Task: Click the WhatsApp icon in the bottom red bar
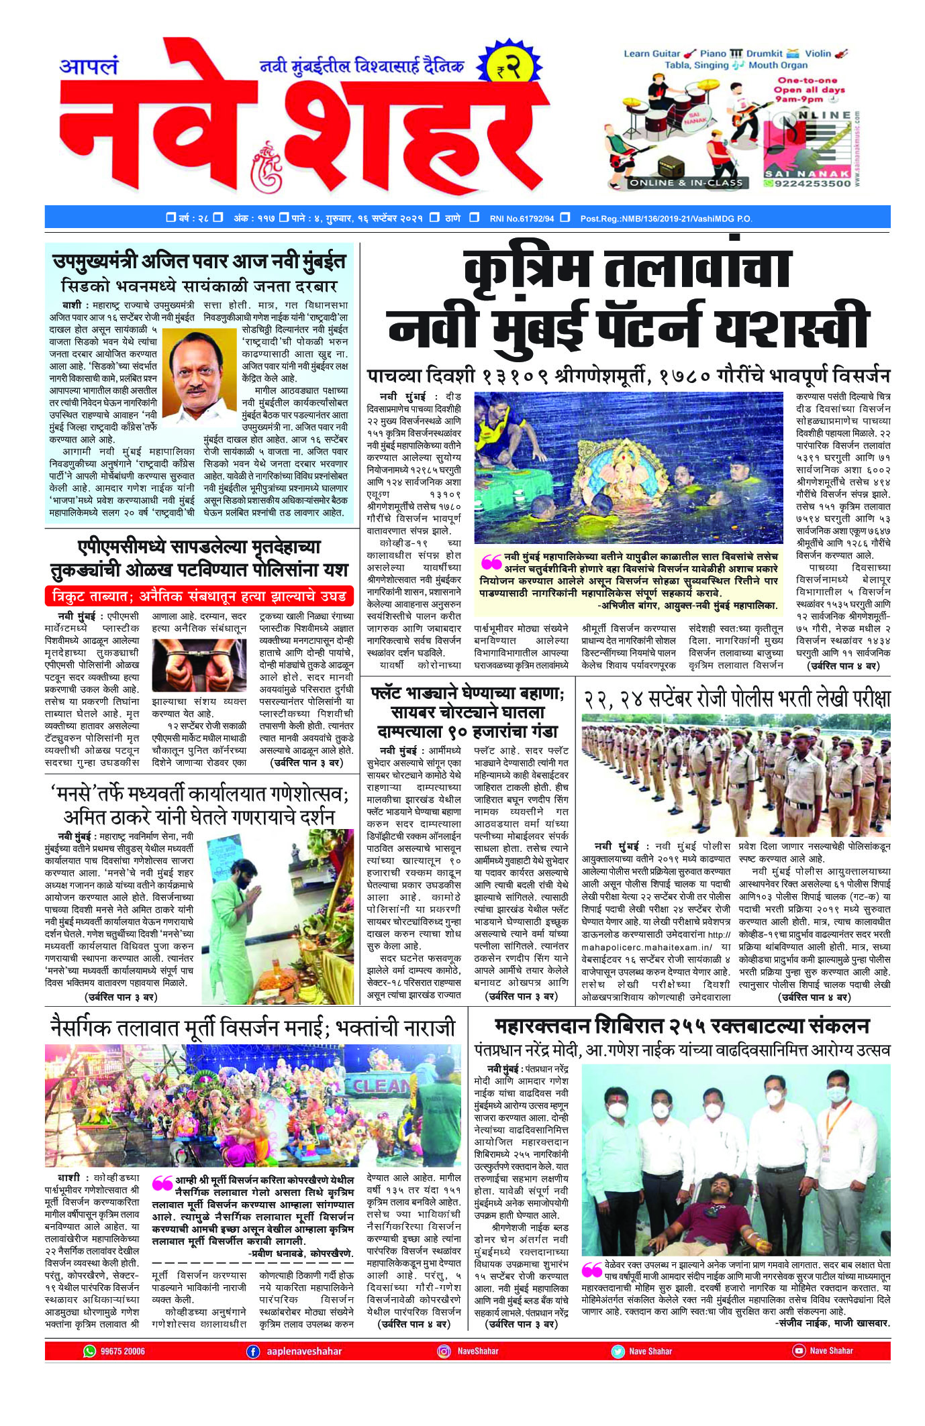click(89, 1351)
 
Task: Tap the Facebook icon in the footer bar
click(253, 1351)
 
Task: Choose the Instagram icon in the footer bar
click(444, 1351)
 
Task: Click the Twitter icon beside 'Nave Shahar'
click(617, 1351)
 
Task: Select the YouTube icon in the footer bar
click(798, 1351)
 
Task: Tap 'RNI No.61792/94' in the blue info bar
click(521, 219)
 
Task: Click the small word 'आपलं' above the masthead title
click(89, 66)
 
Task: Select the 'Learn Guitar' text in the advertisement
click(651, 54)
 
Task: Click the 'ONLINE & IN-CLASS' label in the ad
click(686, 182)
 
